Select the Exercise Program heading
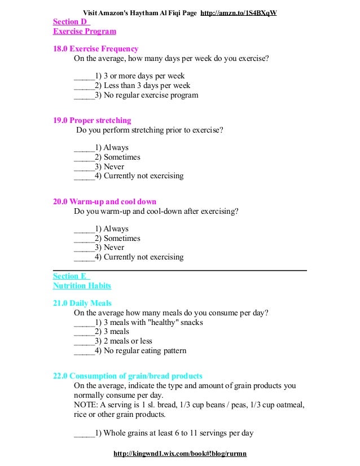[x=85, y=31]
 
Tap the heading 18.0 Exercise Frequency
[x=95, y=49]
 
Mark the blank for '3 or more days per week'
[x=84, y=76]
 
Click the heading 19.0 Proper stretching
[x=92, y=121]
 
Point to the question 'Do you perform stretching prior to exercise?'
[x=150, y=130]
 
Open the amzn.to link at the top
[x=239, y=12]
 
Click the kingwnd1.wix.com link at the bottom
[x=180, y=454]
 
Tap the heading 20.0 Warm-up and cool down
[x=104, y=202]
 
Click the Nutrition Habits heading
[x=82, y=286]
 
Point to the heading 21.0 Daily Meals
[x=82, y=304]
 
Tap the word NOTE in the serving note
[x=85, y=405]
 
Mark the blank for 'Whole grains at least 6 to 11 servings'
[x=84, y=434]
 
